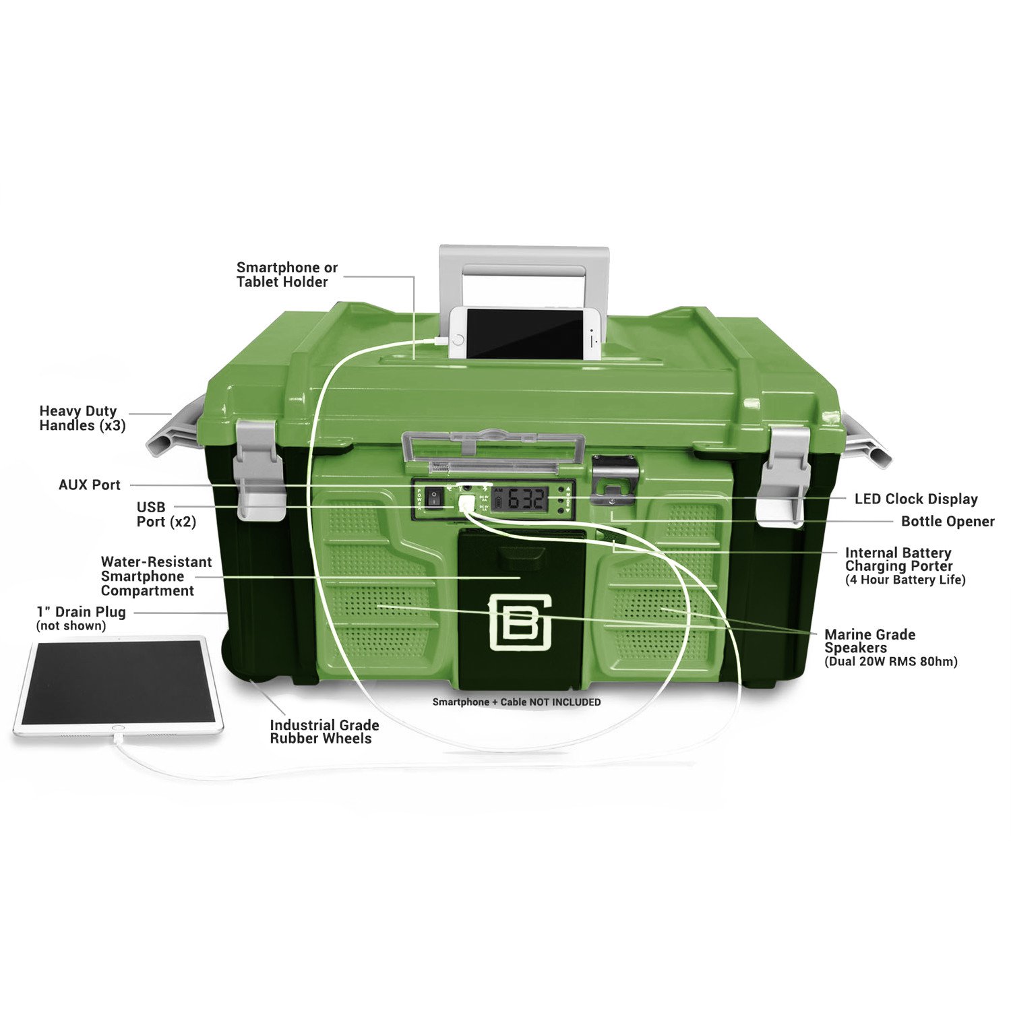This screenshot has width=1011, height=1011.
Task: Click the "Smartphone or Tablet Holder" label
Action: (287, 275)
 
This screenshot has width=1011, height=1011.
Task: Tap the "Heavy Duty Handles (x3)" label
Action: (82, 418)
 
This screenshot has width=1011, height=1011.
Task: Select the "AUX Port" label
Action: (90, 485)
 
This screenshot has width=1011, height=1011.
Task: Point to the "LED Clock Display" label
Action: (916, 499)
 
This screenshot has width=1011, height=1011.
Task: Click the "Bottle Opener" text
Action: (948, 521)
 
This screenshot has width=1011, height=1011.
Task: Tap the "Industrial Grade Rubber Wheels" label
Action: (324, 731)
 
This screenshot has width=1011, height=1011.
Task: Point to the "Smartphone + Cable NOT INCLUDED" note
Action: (516, 702)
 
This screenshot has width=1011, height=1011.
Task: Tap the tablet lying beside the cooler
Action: (118, 685)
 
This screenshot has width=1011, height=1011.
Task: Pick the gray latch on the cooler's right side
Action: (782, 474)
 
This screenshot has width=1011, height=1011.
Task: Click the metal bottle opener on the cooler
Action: (614, 479)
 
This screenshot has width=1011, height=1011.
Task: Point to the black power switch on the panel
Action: (436, 499)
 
